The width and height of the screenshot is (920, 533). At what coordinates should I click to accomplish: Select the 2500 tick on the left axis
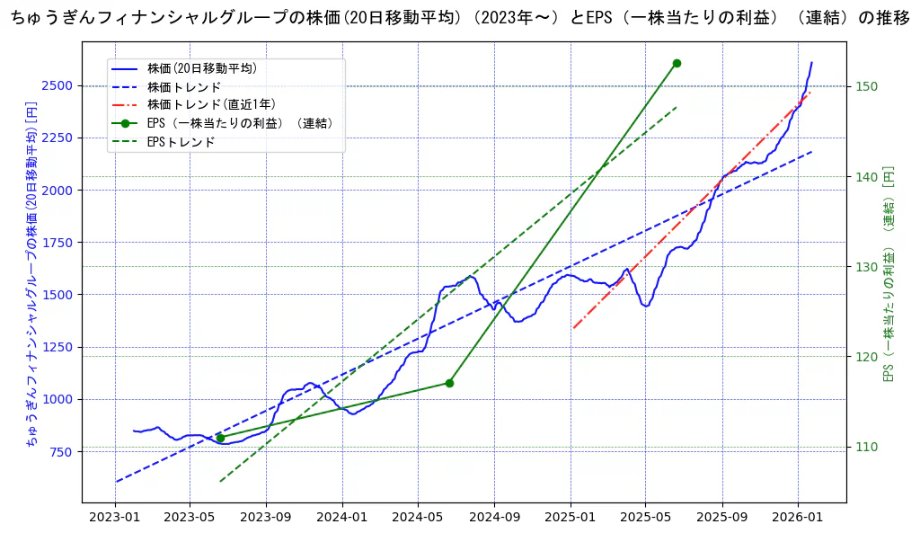59,86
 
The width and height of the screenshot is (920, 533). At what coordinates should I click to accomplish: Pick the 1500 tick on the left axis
59,295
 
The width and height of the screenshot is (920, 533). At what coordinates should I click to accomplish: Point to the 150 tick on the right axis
866,86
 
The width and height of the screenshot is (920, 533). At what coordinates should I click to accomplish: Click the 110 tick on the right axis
866,447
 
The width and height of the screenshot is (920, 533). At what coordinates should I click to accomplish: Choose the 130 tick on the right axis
866,267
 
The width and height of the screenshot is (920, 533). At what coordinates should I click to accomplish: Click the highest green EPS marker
677,63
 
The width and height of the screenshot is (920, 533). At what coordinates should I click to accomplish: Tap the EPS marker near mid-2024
449,383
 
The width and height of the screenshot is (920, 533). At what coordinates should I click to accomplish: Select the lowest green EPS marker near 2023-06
220,438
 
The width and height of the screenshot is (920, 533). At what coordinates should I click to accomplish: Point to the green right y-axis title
889,274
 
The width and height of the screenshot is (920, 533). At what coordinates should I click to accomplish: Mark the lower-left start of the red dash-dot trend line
573,328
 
